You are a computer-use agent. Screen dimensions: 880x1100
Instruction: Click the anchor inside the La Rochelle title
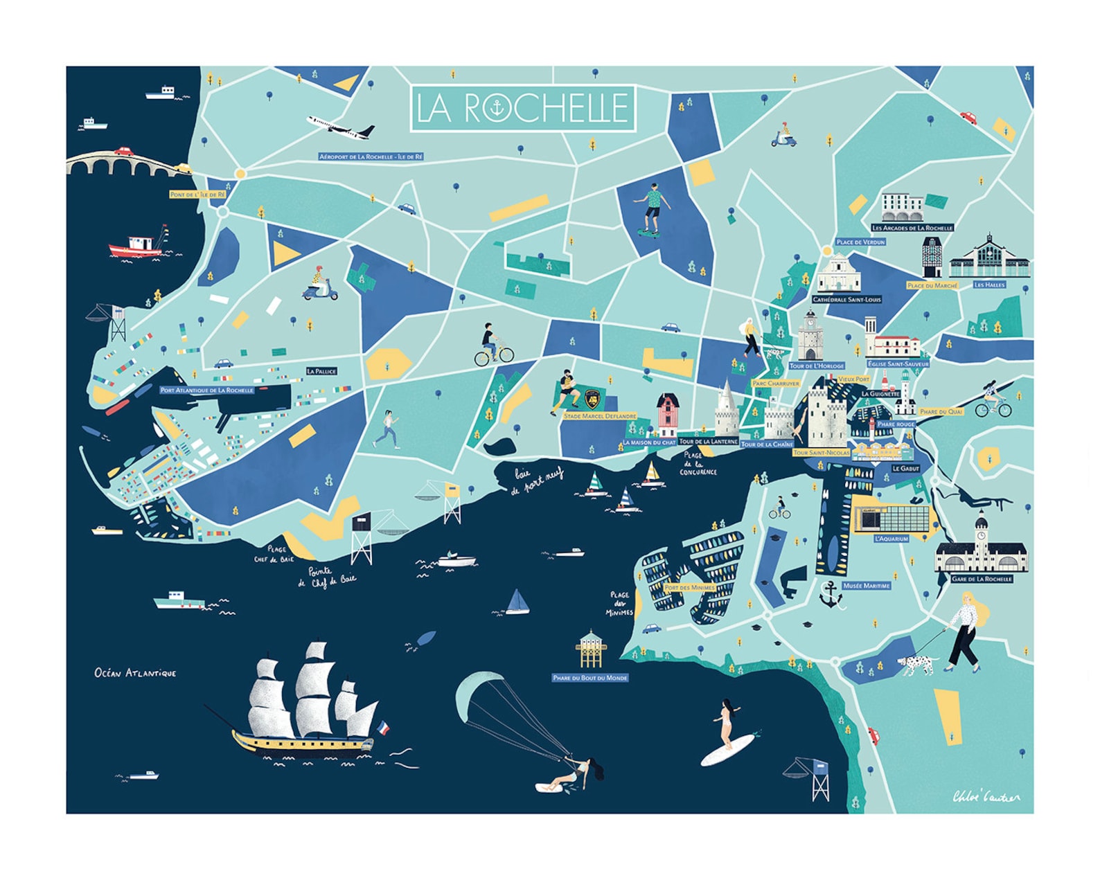(498, 107)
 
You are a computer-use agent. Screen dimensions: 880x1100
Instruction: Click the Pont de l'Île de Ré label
(198, 195)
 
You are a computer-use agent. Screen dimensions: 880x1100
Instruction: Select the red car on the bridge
(123, 152)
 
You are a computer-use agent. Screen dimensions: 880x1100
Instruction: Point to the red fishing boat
(136, 246)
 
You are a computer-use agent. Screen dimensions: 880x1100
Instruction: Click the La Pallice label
(321, 371)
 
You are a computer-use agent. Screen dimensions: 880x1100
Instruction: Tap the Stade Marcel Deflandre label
(600, 416)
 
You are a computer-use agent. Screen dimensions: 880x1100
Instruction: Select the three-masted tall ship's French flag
(382, 728)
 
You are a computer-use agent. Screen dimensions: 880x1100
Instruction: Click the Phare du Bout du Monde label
(590, 678)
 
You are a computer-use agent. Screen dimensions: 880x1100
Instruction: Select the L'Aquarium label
(891, 538)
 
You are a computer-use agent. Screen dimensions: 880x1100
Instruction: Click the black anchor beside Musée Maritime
(830, 595)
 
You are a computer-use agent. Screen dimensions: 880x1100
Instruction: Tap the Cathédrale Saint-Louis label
(846, 300)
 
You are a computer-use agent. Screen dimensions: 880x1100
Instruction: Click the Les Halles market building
(989, 259)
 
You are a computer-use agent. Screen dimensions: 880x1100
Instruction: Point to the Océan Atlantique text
(136, 673)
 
